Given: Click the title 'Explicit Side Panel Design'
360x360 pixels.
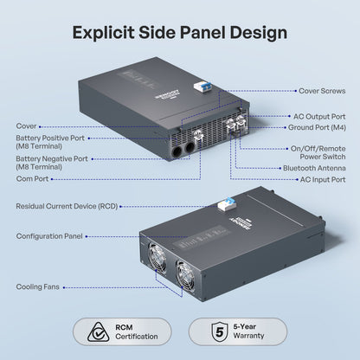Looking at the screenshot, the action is point(180,33).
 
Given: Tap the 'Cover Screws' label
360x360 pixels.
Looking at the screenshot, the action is point(322,91).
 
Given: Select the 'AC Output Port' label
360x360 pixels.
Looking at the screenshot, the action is point(319,117).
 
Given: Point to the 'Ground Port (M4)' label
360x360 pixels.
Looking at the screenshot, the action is point(317,127).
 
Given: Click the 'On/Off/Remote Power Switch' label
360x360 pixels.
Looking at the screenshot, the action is point(318,152).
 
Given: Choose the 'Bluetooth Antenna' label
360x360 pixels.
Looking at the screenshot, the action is point(314,168).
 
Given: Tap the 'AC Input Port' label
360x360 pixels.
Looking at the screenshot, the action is point(323,179).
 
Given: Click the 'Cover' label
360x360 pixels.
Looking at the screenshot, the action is point(26,126).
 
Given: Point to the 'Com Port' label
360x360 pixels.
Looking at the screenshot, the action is point(32,178).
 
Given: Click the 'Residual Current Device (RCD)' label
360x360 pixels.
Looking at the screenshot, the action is point(67,206).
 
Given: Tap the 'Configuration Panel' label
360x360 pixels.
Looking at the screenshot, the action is point(49,236).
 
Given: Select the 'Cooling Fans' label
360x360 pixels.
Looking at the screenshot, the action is point(38,286).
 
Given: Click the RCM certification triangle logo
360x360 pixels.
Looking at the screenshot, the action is point(98,332).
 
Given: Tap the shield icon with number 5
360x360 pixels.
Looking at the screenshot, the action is point(220,331).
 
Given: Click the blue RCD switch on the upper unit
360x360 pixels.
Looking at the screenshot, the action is point(204,86).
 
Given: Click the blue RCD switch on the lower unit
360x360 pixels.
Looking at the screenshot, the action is point(225,204).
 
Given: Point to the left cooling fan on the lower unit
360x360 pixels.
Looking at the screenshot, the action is point(157,256).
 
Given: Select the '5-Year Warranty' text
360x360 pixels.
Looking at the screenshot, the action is point(248,331).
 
